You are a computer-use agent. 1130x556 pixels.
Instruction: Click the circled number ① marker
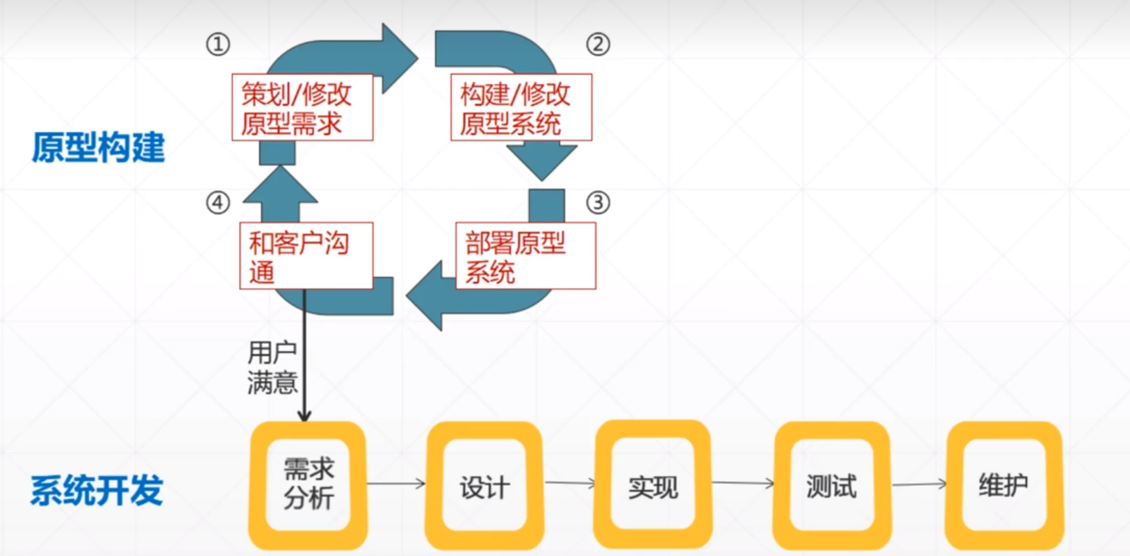(218, 45)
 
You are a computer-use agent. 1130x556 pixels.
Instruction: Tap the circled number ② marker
(598, 44)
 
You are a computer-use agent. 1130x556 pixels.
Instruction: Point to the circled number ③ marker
(598, 203)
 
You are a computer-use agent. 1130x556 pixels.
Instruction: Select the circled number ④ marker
(218, 203)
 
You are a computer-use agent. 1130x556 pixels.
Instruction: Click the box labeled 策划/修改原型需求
(302, 108)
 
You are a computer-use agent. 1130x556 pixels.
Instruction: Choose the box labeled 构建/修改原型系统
(521, 108)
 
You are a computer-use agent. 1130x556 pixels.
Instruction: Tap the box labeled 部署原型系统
(525, 256)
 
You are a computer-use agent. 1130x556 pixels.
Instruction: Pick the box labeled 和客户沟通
(306, 256)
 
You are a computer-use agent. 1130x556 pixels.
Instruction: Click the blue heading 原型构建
(98, 147)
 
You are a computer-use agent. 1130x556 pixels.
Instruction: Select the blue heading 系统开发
(97, 490)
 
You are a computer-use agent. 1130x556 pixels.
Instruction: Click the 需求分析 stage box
(308, 484)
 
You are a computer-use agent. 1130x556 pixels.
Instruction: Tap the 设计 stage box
(484, 486)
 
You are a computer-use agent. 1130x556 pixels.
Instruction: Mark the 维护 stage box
(1004, 484)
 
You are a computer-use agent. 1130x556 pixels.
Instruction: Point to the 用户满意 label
(272, 368)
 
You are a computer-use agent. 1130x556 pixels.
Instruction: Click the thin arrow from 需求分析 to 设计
(396, 483)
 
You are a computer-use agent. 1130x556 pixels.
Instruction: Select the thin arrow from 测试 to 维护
(919, 484)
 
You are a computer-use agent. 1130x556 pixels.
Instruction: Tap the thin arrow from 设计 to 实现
(570, 482)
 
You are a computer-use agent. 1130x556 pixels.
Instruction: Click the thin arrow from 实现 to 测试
(743, 482)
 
